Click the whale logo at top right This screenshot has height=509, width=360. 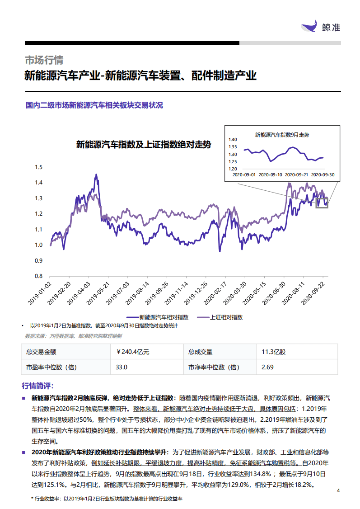[x=310, y=26]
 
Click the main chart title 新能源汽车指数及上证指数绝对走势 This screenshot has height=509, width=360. [x=143, y=145]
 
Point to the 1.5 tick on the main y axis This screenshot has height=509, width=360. [x=39, y=167]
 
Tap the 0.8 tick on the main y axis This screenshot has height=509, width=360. [x=39, y=276]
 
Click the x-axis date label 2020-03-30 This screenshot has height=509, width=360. [x=238, y=292]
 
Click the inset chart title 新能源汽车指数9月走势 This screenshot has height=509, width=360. [x=282, y=135]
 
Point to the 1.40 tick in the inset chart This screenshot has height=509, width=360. [x=233, y=140]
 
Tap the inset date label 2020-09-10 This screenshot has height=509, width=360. [x=270, y=174]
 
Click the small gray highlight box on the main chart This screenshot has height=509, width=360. [x=322, y=203]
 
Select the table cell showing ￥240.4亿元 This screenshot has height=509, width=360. [x=133, y=352]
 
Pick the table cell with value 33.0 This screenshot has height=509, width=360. [x=122, y=367]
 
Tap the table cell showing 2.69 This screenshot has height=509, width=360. [x=267, y=367]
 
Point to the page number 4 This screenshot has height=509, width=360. [x=338, y=491]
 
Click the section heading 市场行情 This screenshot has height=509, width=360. [x=44, y=60]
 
